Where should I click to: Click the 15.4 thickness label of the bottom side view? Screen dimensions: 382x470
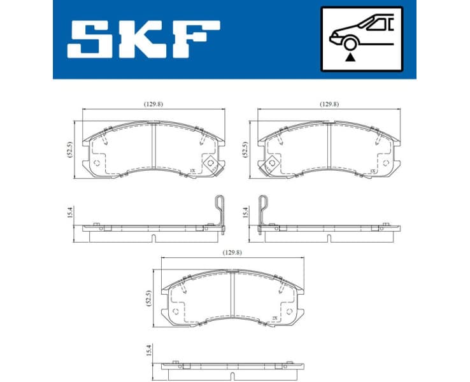(150, 350)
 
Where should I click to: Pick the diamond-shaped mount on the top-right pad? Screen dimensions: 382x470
(272, 164)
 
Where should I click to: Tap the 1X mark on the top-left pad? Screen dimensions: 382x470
(192, 171)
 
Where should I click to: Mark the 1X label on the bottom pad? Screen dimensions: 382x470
(274, 318)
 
